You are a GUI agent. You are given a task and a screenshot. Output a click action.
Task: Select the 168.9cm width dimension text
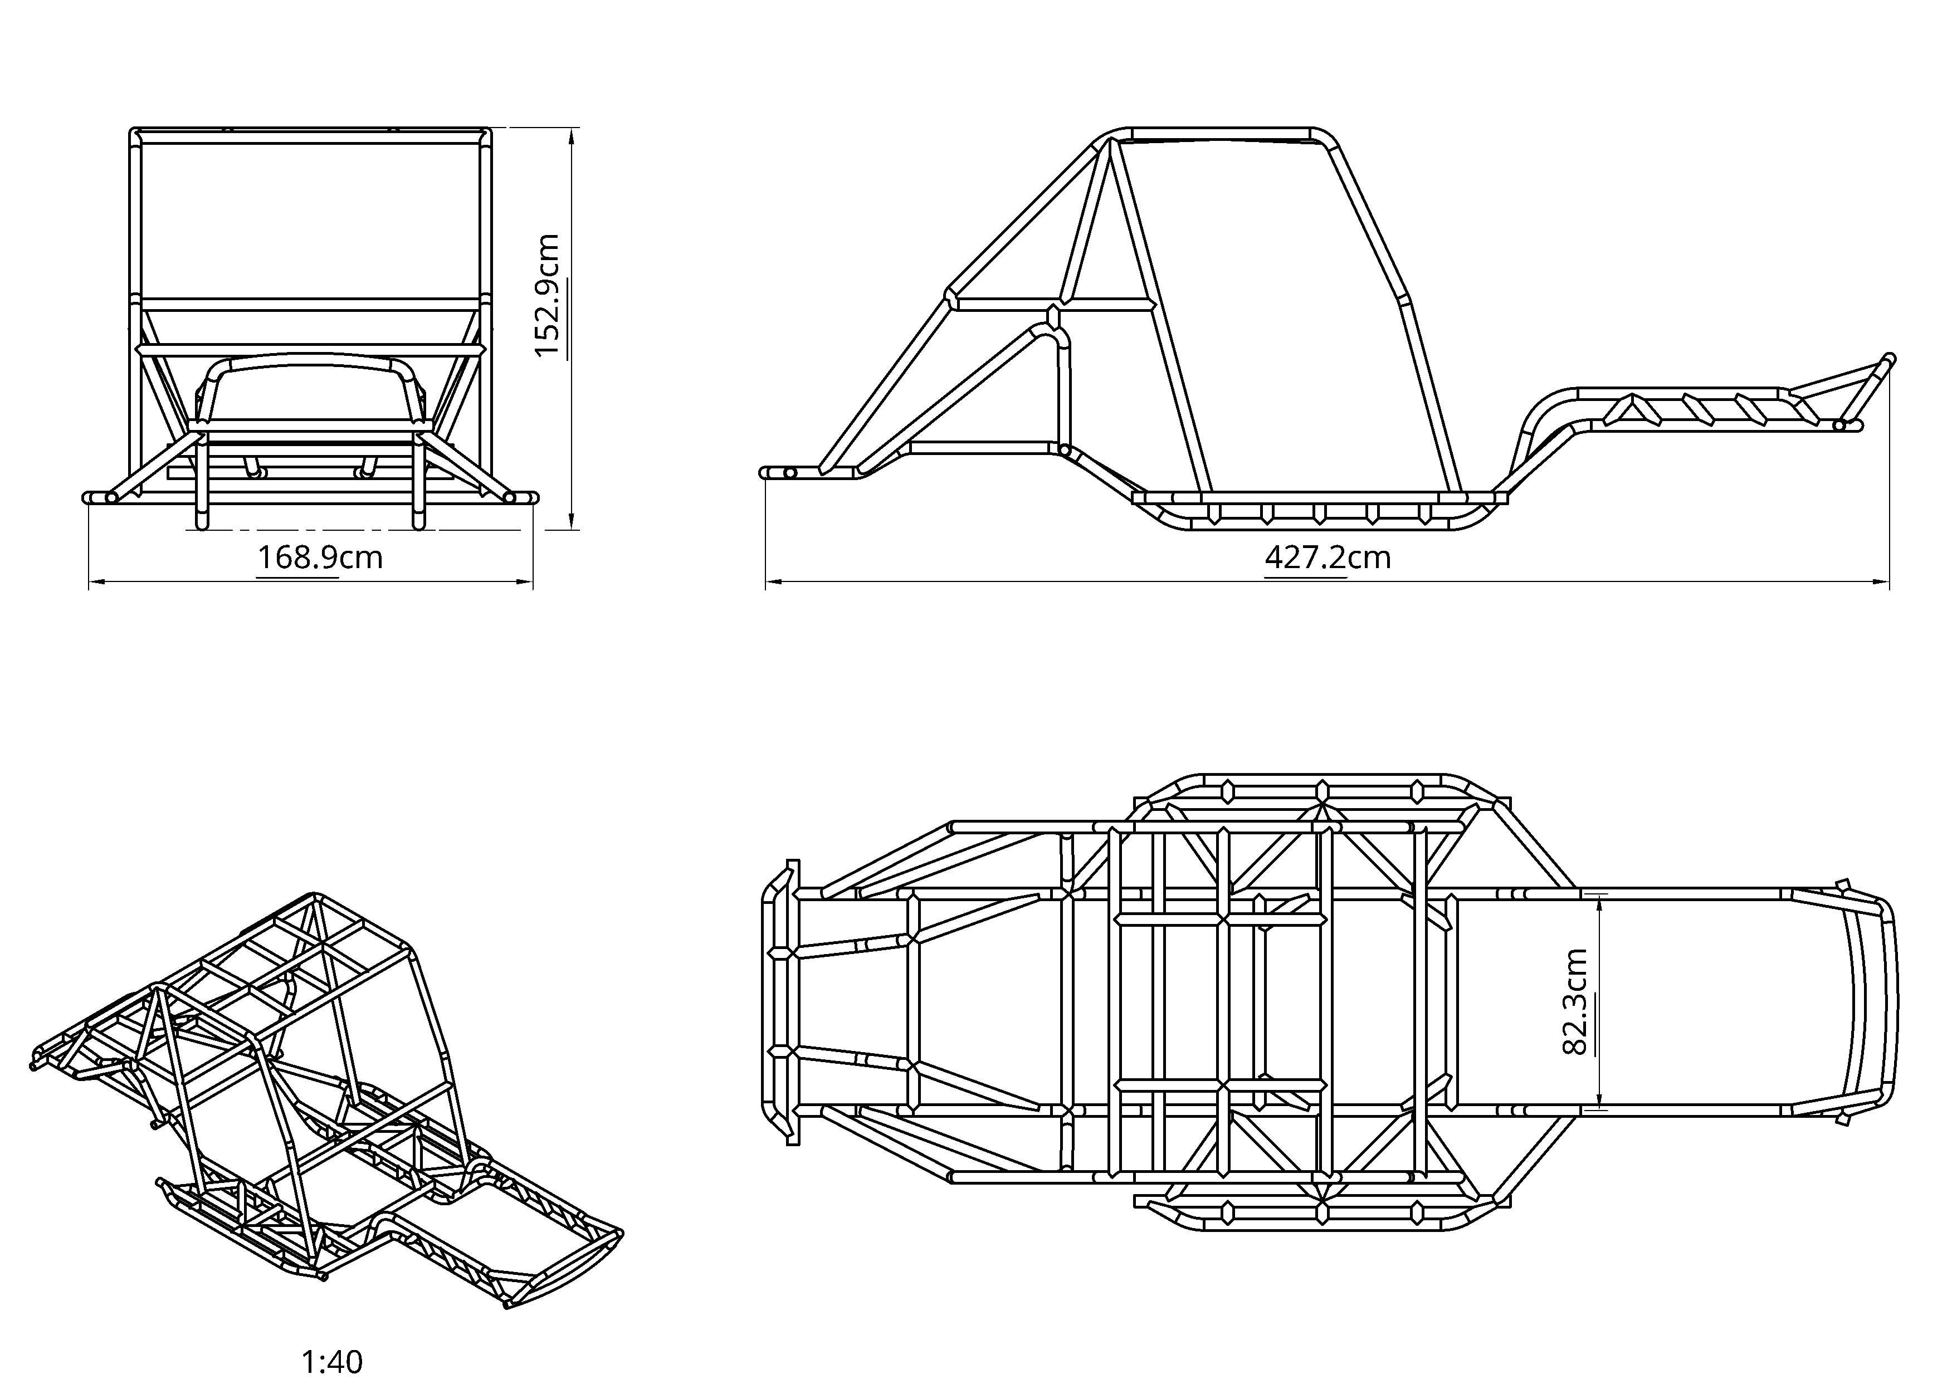[x=320, y=558]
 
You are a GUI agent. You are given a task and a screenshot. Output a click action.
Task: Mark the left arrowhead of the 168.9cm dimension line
[x=98, y=583]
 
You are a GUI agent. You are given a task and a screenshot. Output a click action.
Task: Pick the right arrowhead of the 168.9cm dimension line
[x=524, y=583]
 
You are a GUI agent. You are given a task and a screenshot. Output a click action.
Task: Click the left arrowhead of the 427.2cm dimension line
[x=774, y=583]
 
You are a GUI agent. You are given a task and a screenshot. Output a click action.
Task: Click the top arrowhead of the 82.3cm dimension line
[x=1600, y=903]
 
